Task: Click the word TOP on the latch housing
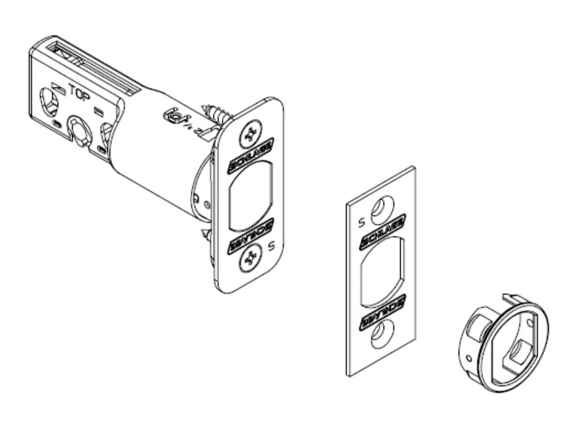[x=79, y=93]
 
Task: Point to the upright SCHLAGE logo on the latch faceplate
[x=251, y=156]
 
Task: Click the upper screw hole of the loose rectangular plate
[x=382, y=206]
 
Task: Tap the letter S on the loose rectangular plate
[x=361, y=223]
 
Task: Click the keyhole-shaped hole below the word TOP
[x=79, y=129]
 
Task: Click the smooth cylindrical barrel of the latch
[x=154, y=147]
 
